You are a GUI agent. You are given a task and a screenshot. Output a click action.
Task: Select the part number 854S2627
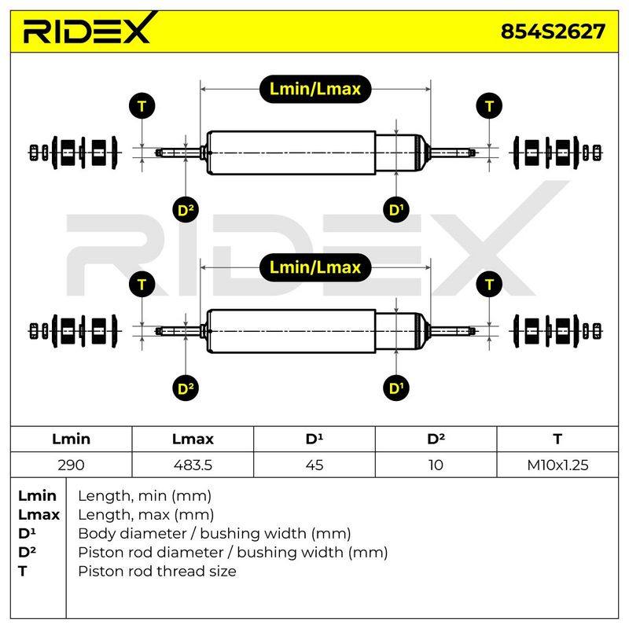553,31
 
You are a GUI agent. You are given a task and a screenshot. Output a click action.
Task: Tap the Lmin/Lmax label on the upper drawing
315,89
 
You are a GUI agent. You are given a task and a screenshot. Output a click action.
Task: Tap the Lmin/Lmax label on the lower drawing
315,267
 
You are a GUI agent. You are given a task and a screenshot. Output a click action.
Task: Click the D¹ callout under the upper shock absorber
396,209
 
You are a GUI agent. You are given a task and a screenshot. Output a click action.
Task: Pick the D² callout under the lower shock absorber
186,388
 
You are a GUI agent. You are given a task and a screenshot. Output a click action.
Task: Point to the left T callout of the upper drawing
142,106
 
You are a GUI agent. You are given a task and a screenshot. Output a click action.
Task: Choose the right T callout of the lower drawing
489,285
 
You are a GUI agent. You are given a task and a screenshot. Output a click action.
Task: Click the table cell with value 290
71,465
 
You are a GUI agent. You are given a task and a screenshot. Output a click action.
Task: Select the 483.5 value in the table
193,465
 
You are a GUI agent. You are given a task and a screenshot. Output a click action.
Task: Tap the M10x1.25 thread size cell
557,465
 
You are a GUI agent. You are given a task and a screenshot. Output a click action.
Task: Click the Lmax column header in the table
193,439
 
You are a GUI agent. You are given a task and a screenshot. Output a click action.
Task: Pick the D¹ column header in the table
314,439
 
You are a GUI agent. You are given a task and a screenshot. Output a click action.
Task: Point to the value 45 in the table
314,465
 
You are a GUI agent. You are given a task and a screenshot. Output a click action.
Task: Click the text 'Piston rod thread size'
156,571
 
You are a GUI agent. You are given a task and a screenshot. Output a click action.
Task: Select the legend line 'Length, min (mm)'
145,496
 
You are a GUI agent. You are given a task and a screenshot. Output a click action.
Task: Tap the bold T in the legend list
23,571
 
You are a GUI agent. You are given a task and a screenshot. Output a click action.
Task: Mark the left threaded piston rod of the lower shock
178,331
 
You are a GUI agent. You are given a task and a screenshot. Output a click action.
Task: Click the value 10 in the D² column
436,465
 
